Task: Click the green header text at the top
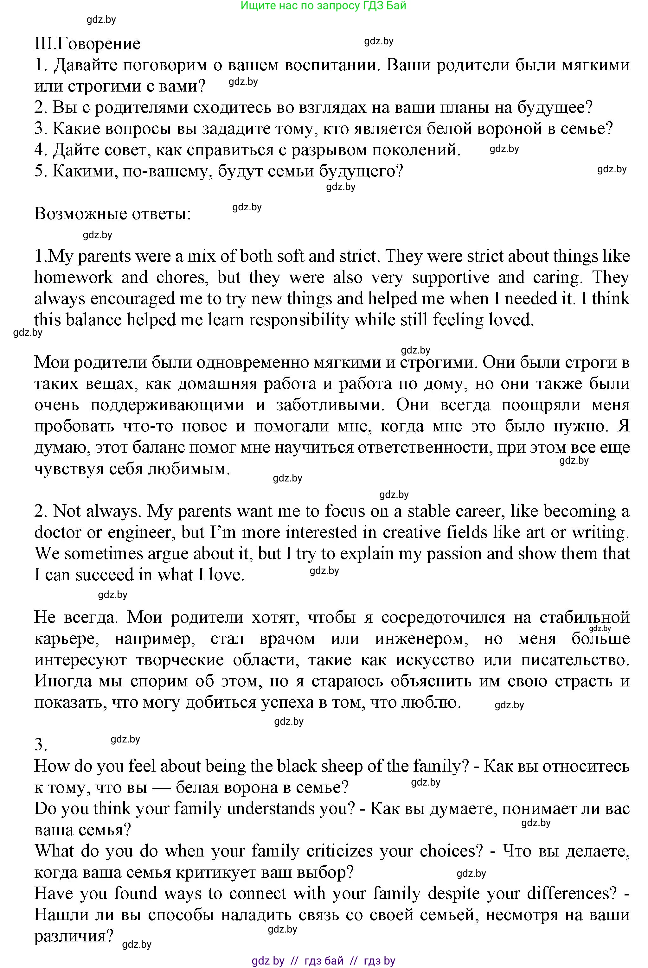[323, 6]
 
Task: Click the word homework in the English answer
[74, 277]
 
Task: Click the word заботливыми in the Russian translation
[330, 405]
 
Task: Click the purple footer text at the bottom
[323, 961]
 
